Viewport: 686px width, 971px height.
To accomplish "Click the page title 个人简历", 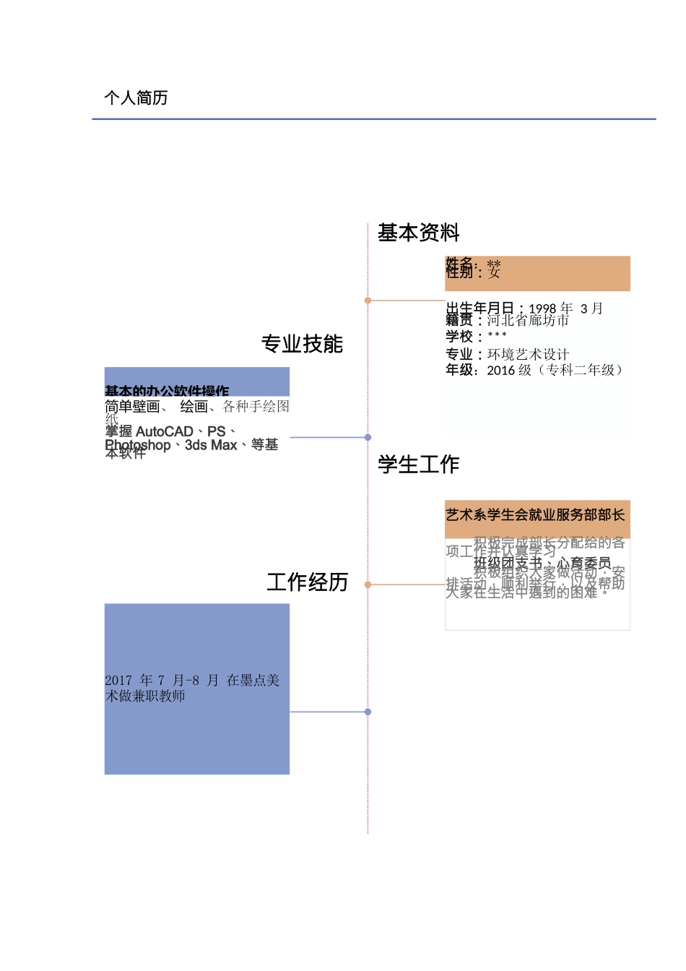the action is (x=136, y=98).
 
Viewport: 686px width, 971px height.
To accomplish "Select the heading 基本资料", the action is (x=418, y=233).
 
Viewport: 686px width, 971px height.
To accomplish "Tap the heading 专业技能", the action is (x=302, y=344).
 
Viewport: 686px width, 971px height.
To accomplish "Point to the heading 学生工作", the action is (x=418, y=464).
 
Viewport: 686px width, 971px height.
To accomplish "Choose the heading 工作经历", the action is (x=308, y=582).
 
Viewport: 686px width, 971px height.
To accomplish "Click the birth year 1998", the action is (x=543, y=308).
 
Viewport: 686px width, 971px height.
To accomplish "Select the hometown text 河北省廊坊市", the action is (x=528, y=320).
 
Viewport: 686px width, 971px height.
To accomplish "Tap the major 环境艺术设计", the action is (x=528, y=354).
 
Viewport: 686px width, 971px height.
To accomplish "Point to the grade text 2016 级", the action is (x=509, y=370).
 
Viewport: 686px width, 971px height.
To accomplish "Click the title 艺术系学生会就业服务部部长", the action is (x=535, y=515).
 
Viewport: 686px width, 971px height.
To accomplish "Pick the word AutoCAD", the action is (x=164, y=431).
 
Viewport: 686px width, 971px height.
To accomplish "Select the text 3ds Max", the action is (x=211, y=445).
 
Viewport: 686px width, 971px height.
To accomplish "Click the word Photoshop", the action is (x=138, y=445).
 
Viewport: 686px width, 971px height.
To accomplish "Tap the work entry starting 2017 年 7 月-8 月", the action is (x=192, y=688).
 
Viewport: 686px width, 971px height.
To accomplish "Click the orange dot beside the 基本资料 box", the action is (x=368, y=300).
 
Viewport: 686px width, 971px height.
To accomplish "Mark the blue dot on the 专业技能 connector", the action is (x=368, y=437).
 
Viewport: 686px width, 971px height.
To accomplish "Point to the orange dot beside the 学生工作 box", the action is (x=368, y=584).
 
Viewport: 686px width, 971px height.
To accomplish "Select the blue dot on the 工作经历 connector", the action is (x=368, y=712).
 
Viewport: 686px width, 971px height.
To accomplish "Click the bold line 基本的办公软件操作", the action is (x=167, y=391).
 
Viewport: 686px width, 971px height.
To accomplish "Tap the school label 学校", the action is (x=459, y=337).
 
